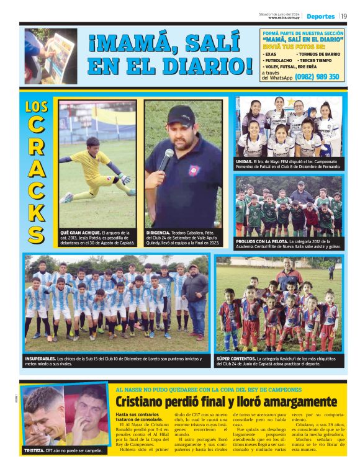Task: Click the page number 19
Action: [344, 16]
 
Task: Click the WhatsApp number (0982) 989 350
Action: [317, 77]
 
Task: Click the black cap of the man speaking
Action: [181, 114]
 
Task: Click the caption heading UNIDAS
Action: [244, 161]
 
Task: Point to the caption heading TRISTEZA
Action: [36, 450]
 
